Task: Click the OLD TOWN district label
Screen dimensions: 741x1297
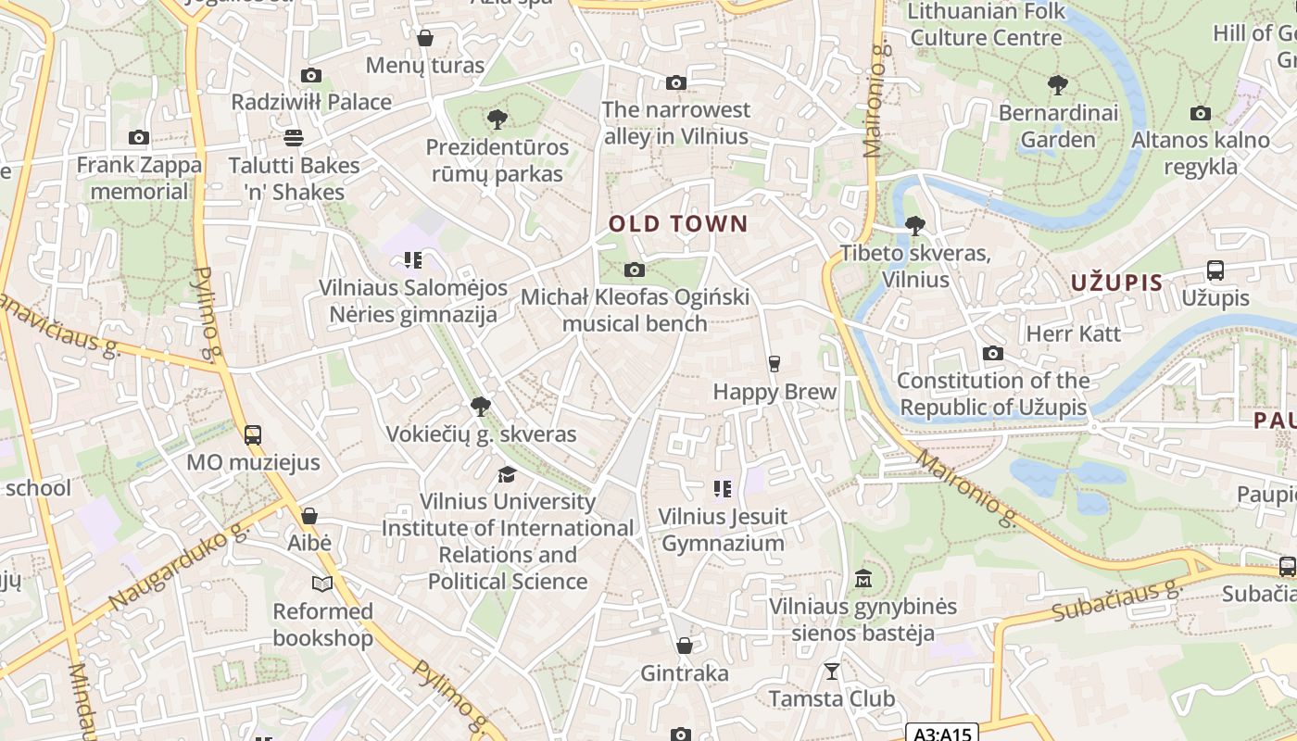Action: (677, 223)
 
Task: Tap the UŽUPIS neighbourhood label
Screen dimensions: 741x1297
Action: (1116, 283)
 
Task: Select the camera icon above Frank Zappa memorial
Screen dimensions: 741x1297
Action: (139, 138)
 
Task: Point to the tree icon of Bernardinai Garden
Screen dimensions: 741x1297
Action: (1057, 86)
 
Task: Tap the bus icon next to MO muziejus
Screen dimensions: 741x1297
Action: (252, 434)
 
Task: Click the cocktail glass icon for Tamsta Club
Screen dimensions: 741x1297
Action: (832, 671)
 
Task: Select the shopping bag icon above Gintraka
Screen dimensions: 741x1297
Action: (685, 646)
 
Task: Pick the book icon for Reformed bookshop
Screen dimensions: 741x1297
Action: (322, 584)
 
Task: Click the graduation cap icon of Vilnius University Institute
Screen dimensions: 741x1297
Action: (507, 474)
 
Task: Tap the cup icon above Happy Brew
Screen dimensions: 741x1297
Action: (774, 364)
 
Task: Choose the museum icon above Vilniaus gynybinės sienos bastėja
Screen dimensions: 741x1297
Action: (863, 579)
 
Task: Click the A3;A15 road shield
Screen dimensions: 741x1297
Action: (941, 734)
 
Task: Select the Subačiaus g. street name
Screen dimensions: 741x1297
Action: (1118, 601)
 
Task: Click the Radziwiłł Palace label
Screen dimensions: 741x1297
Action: (311, 102)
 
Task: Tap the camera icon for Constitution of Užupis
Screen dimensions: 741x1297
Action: (992, 354)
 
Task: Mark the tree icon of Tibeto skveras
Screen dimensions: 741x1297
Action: (914, 226)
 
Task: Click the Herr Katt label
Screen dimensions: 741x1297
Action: (1074, 333)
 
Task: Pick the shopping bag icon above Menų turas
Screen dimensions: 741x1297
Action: (425, 38)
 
